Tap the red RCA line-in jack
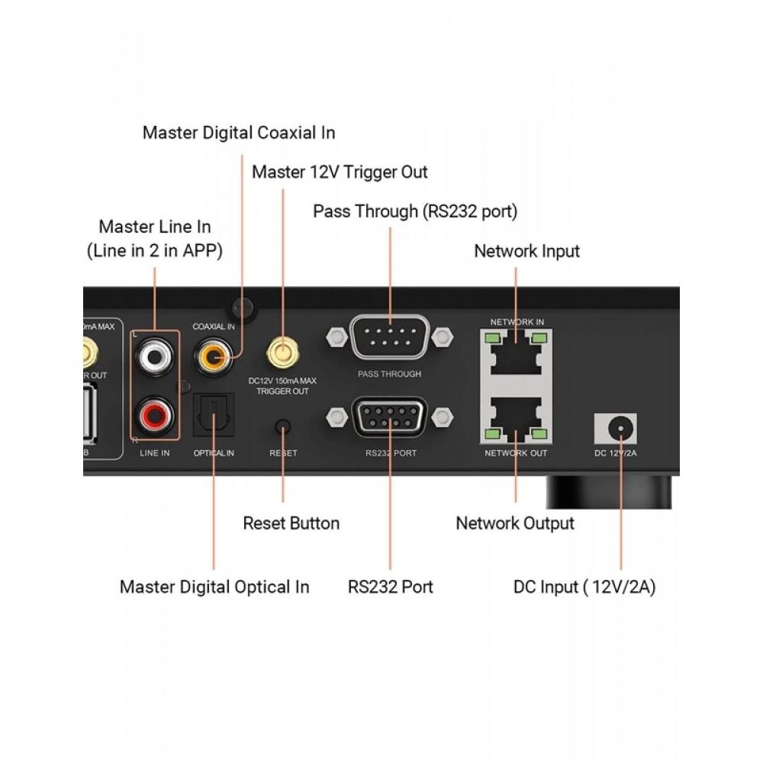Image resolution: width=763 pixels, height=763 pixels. coord(155,415)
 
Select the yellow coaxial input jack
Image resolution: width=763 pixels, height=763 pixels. coord(213,354)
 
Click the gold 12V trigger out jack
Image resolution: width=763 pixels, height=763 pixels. coord(282,353)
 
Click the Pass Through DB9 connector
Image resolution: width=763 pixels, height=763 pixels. coord(390,336)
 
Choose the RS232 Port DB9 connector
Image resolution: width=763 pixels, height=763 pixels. coord(390,417)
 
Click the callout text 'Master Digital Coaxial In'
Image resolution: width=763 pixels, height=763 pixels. coord(239,133)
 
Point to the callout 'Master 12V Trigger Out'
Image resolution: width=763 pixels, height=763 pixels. coord(340,172)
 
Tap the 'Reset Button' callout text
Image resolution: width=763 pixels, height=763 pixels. coord(291,523)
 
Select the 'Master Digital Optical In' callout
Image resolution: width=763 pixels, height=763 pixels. coord(214,587)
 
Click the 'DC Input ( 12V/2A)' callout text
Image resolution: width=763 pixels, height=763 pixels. coord(584,588)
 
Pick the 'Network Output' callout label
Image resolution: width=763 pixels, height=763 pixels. coord(515,523)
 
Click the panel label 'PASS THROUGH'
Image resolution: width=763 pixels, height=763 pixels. coord(389,375)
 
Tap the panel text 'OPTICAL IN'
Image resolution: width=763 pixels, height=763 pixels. coord(214,453)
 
